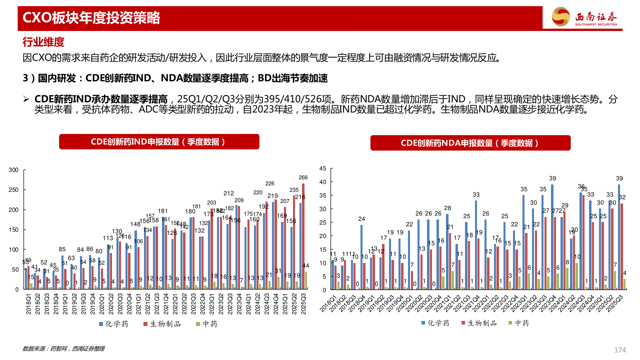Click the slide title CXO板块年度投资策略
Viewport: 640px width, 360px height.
coord(91,18)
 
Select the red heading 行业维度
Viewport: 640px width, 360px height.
coord(43,42)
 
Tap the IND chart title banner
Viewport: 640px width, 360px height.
coord(159,142)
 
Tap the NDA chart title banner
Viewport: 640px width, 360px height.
coord(470,143)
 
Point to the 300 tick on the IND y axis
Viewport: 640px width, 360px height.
coord(14,170)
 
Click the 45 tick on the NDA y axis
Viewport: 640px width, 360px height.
coord(323,169)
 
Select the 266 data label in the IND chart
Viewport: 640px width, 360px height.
coord(303,178)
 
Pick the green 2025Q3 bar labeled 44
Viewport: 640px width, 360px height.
coord(306,281)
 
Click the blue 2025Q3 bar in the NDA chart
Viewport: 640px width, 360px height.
coord(619,237)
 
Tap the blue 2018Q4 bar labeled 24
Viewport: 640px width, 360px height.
coord(361,257)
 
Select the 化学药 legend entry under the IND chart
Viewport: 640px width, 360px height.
coord(114,324)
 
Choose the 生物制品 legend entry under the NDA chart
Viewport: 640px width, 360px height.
coord(479,323)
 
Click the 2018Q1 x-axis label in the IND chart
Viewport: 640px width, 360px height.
coord(28,304)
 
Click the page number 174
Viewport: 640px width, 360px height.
coord(620,350)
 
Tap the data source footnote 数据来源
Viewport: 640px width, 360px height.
coord(63,349)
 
